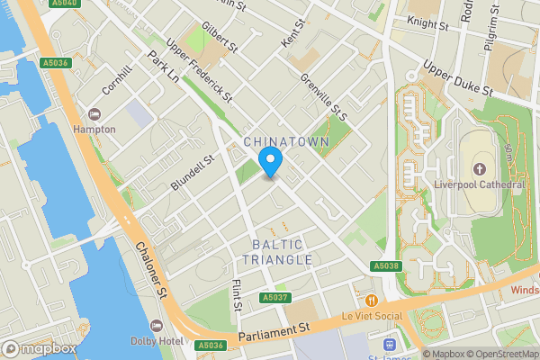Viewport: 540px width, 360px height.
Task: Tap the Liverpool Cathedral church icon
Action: pyautogui.click(x=479, y=169)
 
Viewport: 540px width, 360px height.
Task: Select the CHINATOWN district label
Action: pyautogui.click(x=286, y=142)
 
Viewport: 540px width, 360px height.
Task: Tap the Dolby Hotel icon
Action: pyautogui.click(x=157, y=325)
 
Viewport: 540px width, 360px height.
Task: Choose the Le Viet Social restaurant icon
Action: pyautogui.click(x=370, y=300)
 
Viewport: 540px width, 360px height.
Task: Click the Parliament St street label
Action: pyautogui.click(x=274, y=334)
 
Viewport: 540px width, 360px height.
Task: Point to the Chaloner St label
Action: pyautogui.click(x=150, y=271)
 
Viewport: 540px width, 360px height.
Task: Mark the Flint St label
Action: pyautogui.click(x=238, y=294)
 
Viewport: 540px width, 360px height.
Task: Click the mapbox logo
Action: pyautogui.click(x=39, y=348)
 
